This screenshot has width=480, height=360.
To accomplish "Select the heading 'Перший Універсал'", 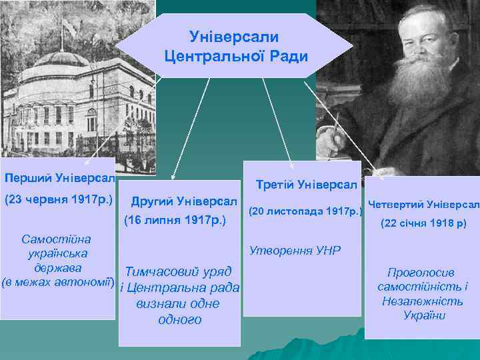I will [59, 179].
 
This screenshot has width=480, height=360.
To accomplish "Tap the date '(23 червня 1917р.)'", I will [58, 199].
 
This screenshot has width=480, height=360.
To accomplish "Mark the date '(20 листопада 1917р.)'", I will [305, 211].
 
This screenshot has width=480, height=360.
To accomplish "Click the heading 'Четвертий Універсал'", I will [424, 204].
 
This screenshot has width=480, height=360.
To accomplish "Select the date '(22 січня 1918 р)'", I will [423, 224].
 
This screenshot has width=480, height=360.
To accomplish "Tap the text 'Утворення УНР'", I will [294, 251].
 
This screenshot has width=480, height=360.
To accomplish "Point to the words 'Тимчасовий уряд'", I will [179, 272].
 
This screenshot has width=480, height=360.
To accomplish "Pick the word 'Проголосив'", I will [421, 273].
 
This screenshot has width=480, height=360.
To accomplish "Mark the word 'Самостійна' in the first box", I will [57, 239].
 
